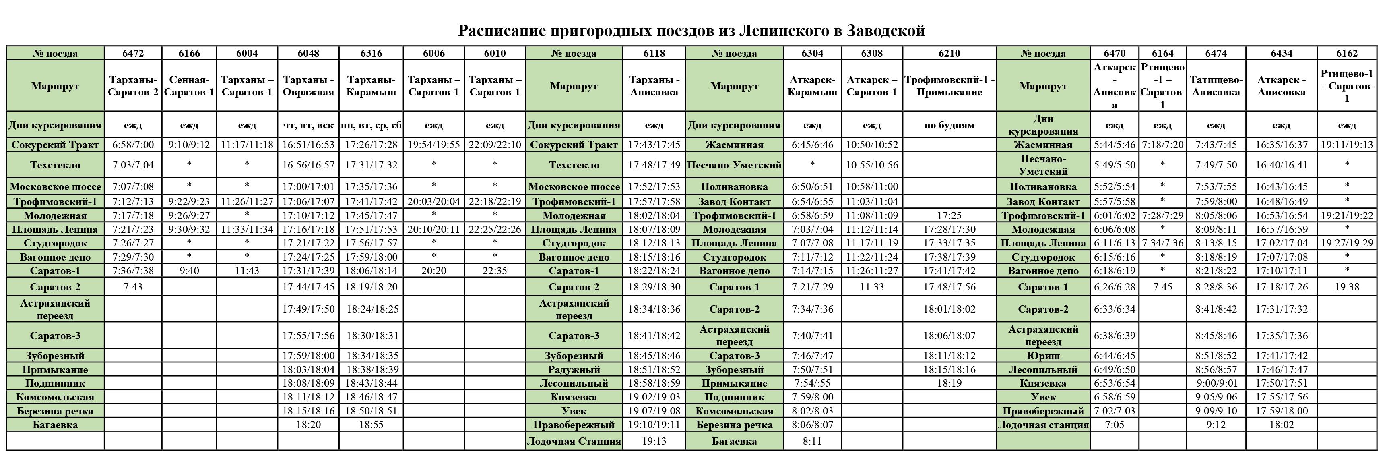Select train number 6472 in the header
pos(133,53)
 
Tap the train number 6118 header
pos(654,53)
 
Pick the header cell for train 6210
pos(949,53)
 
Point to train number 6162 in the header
pos(1347,53)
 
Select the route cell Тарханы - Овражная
pos(309,86)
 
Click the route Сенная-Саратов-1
pos(189,86)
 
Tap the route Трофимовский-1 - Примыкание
pos(949,86)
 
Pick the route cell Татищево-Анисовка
pos(1216,86)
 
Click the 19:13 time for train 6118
pos(654,441)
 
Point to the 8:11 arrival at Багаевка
pos(812,441)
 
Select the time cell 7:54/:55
pos(812,383)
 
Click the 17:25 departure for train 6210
pos(949,215)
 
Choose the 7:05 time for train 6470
pos(1114,425)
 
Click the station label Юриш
pos(1043,356)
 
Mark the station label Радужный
pos(574,370)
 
